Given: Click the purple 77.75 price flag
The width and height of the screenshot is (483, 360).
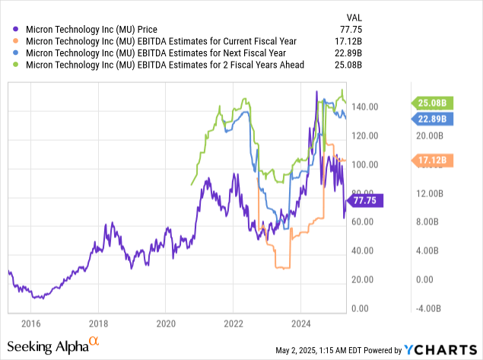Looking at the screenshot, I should (369, 200).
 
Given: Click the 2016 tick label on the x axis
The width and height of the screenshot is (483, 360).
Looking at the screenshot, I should (30, 323).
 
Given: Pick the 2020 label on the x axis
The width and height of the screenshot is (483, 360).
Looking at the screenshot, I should (166, 323).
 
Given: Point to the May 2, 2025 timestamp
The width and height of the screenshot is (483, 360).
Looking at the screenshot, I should (319, 351).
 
